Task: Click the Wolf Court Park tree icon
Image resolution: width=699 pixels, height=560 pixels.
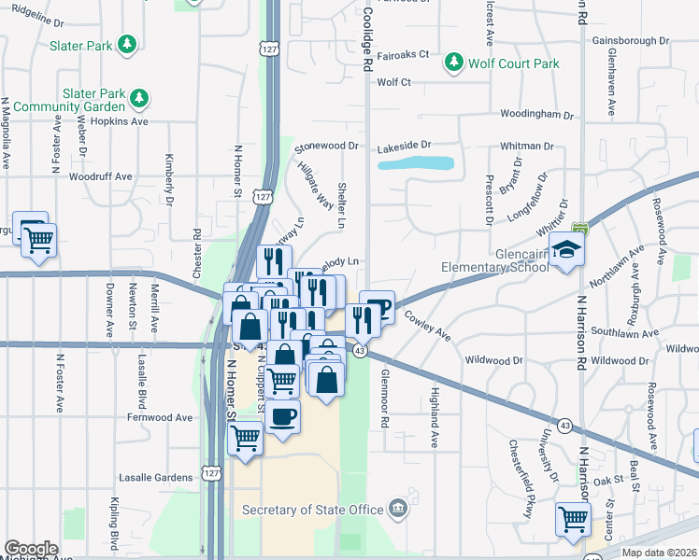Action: point(454,63)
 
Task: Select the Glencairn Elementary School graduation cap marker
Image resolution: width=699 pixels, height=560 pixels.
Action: point(566,250)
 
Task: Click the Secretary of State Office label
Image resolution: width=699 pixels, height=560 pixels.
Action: point(312,510)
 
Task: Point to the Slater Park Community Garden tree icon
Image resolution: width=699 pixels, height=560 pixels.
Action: point(140,96)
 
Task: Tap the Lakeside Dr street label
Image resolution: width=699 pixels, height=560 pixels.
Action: point(404,146)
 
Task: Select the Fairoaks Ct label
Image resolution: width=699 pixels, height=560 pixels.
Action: point(403,54)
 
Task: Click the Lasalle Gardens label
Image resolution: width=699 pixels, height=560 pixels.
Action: point(155,477)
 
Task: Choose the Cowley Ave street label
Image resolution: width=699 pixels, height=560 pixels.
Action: point(428,328)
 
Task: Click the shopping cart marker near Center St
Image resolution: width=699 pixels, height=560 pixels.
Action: point(573,518)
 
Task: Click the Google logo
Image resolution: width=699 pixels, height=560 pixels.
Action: point(31,549)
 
